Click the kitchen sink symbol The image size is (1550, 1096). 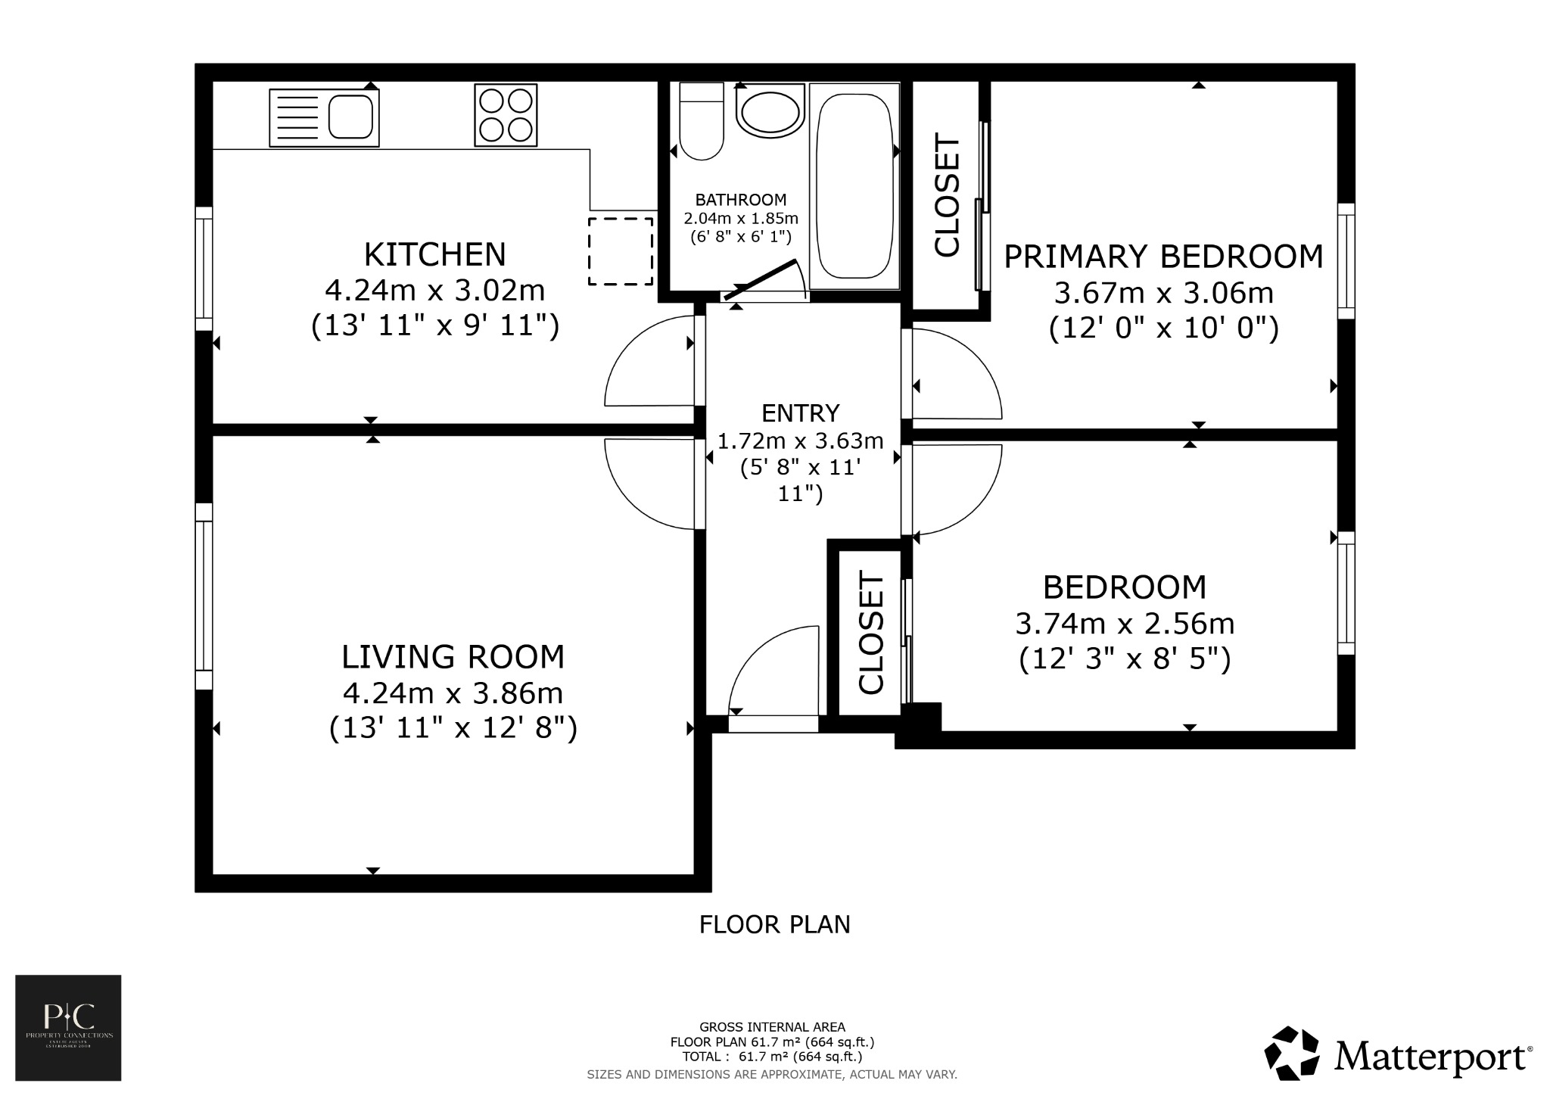click(x=324, y=117)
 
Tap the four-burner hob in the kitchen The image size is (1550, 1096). click(x=506, y=115)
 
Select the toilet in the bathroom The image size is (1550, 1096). click(x=702, y=123)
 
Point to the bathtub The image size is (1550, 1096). click(x=854, y=185)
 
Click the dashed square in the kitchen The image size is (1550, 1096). click(x=621, y=251)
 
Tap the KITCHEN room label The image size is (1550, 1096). click(x=434, y=254)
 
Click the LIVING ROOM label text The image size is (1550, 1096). click(x=453, y=656)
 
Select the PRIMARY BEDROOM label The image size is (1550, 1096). click(x=1163, y=257)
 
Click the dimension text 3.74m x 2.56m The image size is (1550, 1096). click(x=1125, y=624)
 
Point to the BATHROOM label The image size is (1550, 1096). click(x=741, y=200)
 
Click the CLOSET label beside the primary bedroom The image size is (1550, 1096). click(x=948, y=195)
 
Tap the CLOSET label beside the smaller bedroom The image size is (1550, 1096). click(x=871, y=633)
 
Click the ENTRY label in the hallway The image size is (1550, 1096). click(x=800, y=413)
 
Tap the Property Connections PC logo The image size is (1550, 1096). click(x=68, y=1027)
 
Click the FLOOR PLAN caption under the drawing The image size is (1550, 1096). click(x=774, y=924)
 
